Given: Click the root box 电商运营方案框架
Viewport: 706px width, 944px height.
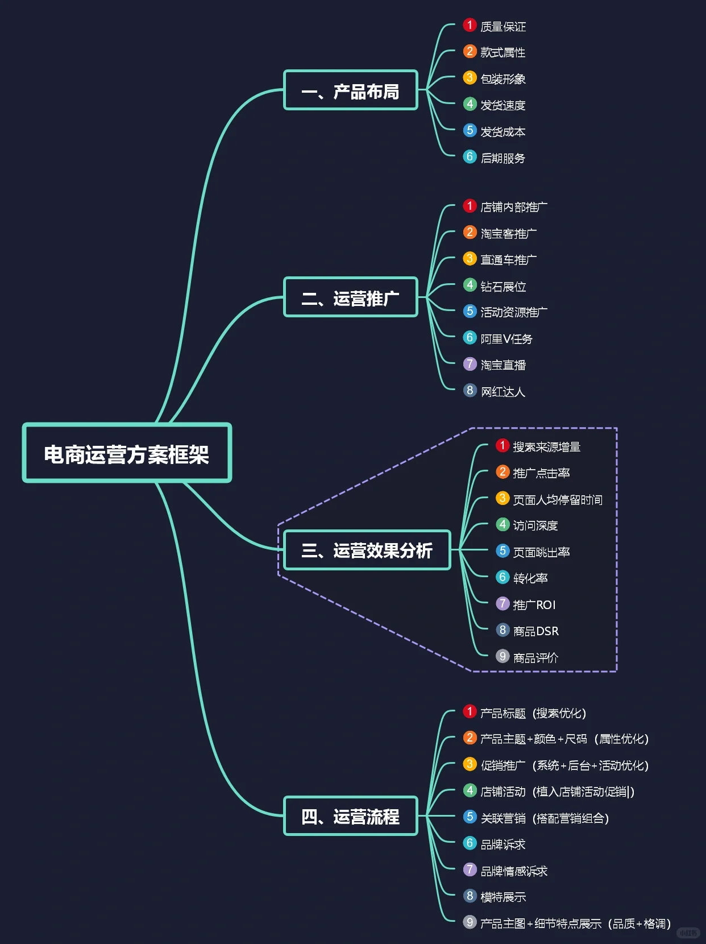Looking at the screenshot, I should point(127,453).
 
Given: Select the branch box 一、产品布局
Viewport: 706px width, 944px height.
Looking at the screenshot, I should point(351,90).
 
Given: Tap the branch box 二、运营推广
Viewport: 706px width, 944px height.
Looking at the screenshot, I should point(351,297).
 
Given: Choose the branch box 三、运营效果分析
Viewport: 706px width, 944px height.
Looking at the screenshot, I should point(367,550).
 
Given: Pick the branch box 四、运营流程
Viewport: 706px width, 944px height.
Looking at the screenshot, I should point(351,816).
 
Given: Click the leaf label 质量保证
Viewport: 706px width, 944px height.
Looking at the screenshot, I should point(503,26).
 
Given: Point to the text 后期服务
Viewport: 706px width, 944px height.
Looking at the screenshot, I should point(503,158).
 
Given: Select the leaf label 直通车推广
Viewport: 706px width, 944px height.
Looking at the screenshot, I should point(509,260).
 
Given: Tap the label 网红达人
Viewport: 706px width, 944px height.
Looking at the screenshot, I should point(503,391).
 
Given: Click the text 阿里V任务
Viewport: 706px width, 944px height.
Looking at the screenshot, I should point(506,339).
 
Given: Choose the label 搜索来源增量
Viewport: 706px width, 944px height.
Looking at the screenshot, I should point(547,447).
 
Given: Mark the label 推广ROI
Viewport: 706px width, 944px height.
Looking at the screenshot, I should point(534,605).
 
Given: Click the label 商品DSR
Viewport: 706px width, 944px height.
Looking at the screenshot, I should point(536,631).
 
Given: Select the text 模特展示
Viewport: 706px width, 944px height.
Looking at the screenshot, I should point(503,897).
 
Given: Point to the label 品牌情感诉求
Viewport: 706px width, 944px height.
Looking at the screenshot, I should point(514,871).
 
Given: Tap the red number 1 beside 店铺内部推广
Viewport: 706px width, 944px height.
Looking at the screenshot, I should point(470,206).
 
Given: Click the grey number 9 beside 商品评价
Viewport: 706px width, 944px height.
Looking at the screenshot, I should point(502,656).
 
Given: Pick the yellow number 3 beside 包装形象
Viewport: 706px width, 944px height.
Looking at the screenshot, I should point(470,77).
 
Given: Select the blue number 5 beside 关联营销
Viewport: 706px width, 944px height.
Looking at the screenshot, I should point(470,817).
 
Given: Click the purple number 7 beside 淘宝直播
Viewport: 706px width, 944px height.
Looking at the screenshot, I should point(470,364).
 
